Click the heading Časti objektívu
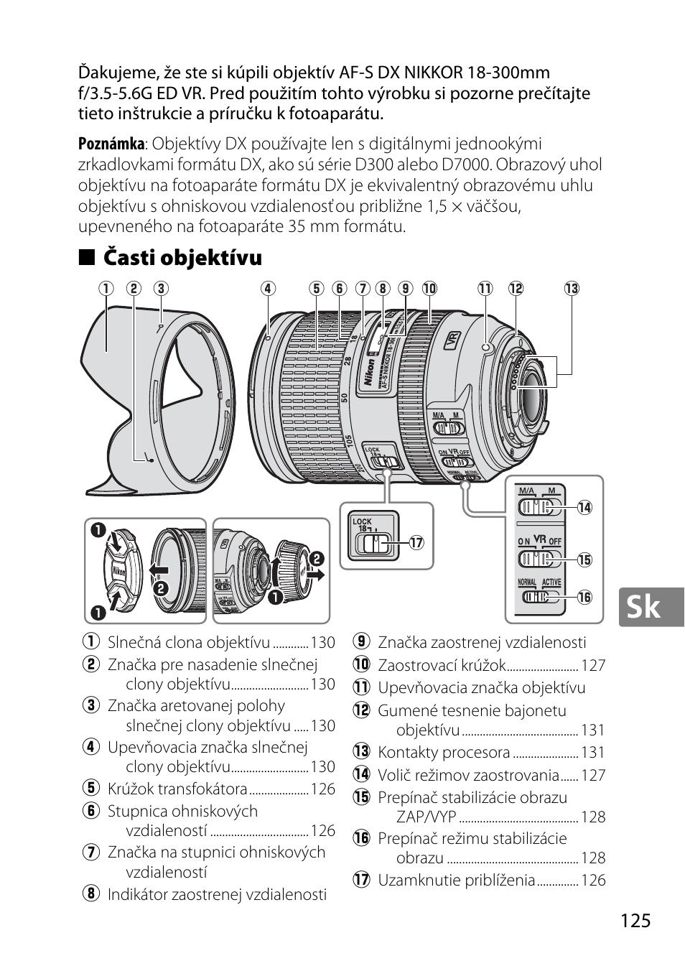pyautogui.click(x=182, y=257)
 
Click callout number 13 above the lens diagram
pyautogui.click(x=572, y=289)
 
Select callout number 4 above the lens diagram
pyautogui.click(x=268, y=289)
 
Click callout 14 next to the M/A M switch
pyautogui.click(x=584, y=507)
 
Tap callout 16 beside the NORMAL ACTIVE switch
pyautogui.click(x=584, y=597)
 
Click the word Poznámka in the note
pyautogui.click(x=111, y=144)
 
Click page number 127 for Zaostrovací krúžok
pyautogui.click(x=593, y=666)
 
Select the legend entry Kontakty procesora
pyautogui.click(x=444, y=753)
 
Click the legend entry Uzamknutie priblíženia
pyautogui.click(x=457, y=880)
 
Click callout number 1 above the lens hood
pyautogui.click(x=106, y=289)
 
